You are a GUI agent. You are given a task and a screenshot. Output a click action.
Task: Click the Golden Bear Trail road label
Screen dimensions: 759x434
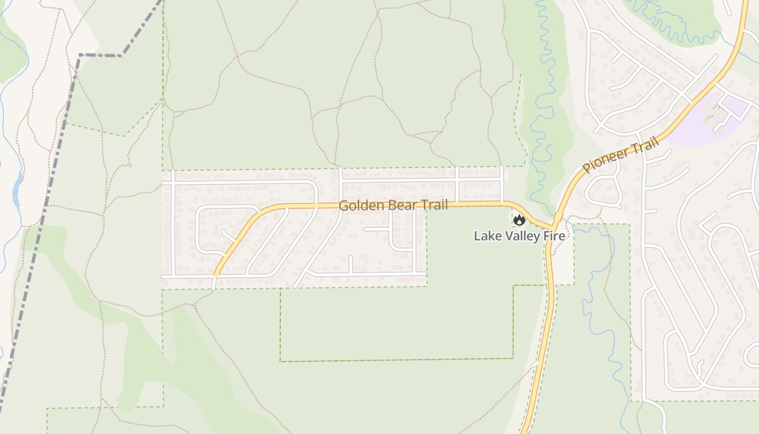[x=393, y=206]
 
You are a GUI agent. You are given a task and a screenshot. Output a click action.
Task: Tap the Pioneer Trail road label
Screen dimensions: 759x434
[x=621, y=155]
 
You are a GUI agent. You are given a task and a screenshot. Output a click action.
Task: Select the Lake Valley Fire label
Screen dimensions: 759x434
[x=519, y=236]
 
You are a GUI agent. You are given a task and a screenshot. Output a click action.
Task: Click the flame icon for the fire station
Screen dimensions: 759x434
[x=519, y=220]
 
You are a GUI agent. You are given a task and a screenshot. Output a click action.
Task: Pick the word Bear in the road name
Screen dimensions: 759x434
[x=400, y=206]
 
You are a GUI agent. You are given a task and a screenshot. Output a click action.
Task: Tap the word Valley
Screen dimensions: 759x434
[x=522, y=236]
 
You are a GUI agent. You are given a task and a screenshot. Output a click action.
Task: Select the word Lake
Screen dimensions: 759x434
[x=486, y=236]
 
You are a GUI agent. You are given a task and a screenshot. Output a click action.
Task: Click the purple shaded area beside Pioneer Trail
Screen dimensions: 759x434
[x=699, y=130]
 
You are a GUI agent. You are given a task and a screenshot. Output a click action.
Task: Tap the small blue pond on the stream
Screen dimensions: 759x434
[x=17, y=184]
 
